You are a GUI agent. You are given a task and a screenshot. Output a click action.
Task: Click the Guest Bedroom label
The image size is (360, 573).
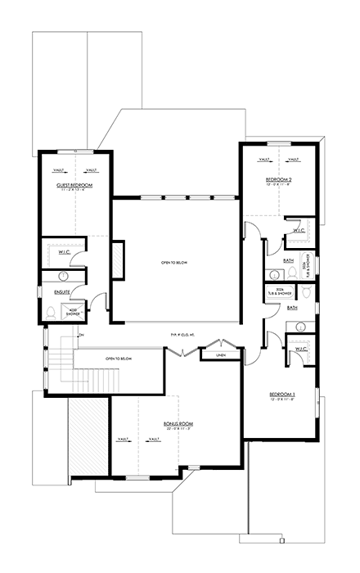pyautogui.click(x=74, y=186)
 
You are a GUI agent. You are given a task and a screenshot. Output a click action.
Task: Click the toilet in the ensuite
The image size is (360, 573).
pyautogui.click(x=51, y=311)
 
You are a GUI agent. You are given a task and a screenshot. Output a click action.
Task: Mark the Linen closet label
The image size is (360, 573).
pyautogui.click(x=221, y=354)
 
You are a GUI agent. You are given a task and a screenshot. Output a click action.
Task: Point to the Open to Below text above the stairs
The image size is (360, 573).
pyautogui.click(x=119, y=359)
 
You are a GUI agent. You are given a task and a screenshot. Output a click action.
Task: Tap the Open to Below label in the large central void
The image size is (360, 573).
pyautogui.click(x=175, y=262)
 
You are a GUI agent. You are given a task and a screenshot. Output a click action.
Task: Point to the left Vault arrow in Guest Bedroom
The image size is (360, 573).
pyautogui.click(x=60, y=170)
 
